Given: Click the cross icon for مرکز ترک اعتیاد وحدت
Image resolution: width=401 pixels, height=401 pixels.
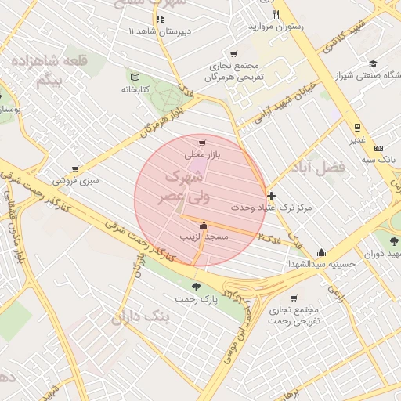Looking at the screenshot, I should coord(271,195).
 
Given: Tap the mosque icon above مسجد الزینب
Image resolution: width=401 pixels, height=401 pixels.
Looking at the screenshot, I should coord(204,226).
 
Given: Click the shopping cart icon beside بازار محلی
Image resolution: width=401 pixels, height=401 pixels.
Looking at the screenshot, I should coord(203,143).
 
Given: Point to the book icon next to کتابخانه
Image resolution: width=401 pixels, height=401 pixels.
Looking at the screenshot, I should coord(135,78).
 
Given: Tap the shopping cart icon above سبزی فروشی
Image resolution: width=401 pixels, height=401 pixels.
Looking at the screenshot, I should coord(75,168).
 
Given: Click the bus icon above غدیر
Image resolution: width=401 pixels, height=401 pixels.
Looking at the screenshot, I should coord(357,128).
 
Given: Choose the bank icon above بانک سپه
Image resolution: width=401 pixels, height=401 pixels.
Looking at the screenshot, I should coord(379,147).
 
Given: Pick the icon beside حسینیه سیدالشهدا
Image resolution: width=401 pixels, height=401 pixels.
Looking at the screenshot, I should coord(321,252).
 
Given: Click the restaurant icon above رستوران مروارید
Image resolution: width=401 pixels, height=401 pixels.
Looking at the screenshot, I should coord(275,14).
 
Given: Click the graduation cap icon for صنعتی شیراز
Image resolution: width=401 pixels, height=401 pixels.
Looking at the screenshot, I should coord(373,63).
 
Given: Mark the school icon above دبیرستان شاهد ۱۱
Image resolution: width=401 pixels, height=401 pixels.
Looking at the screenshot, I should coord(160,19).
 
